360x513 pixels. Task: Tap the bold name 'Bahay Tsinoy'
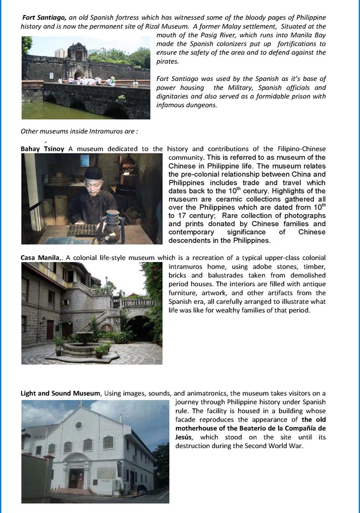pyautogui.click(x=43, y=149)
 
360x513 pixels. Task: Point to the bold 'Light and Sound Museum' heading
pyautogui.click(x=61, y=393)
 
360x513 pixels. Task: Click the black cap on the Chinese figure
pyautogui.click(x=93, y=174)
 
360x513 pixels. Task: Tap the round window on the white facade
pyautogui.click(x=79, y=425)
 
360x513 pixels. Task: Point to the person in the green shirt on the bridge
pyautogui.click(x=110, y=80)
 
